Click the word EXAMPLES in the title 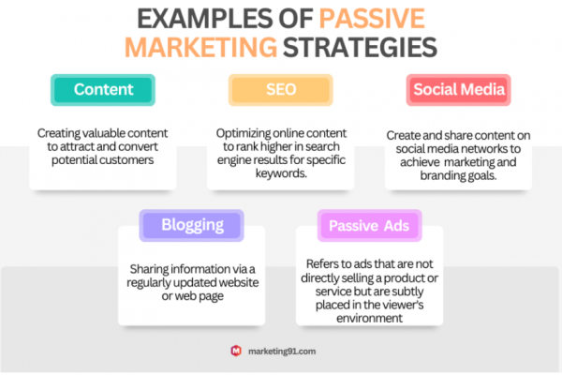205,19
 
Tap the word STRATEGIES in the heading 360,47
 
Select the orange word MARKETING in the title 200,47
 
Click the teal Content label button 103,90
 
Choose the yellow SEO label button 281,90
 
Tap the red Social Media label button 458,90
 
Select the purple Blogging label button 192,225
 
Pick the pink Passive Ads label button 370,225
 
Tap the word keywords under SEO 281,173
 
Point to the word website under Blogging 239,282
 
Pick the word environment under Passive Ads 370,319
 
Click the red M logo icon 236,351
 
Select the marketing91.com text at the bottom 282,352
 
